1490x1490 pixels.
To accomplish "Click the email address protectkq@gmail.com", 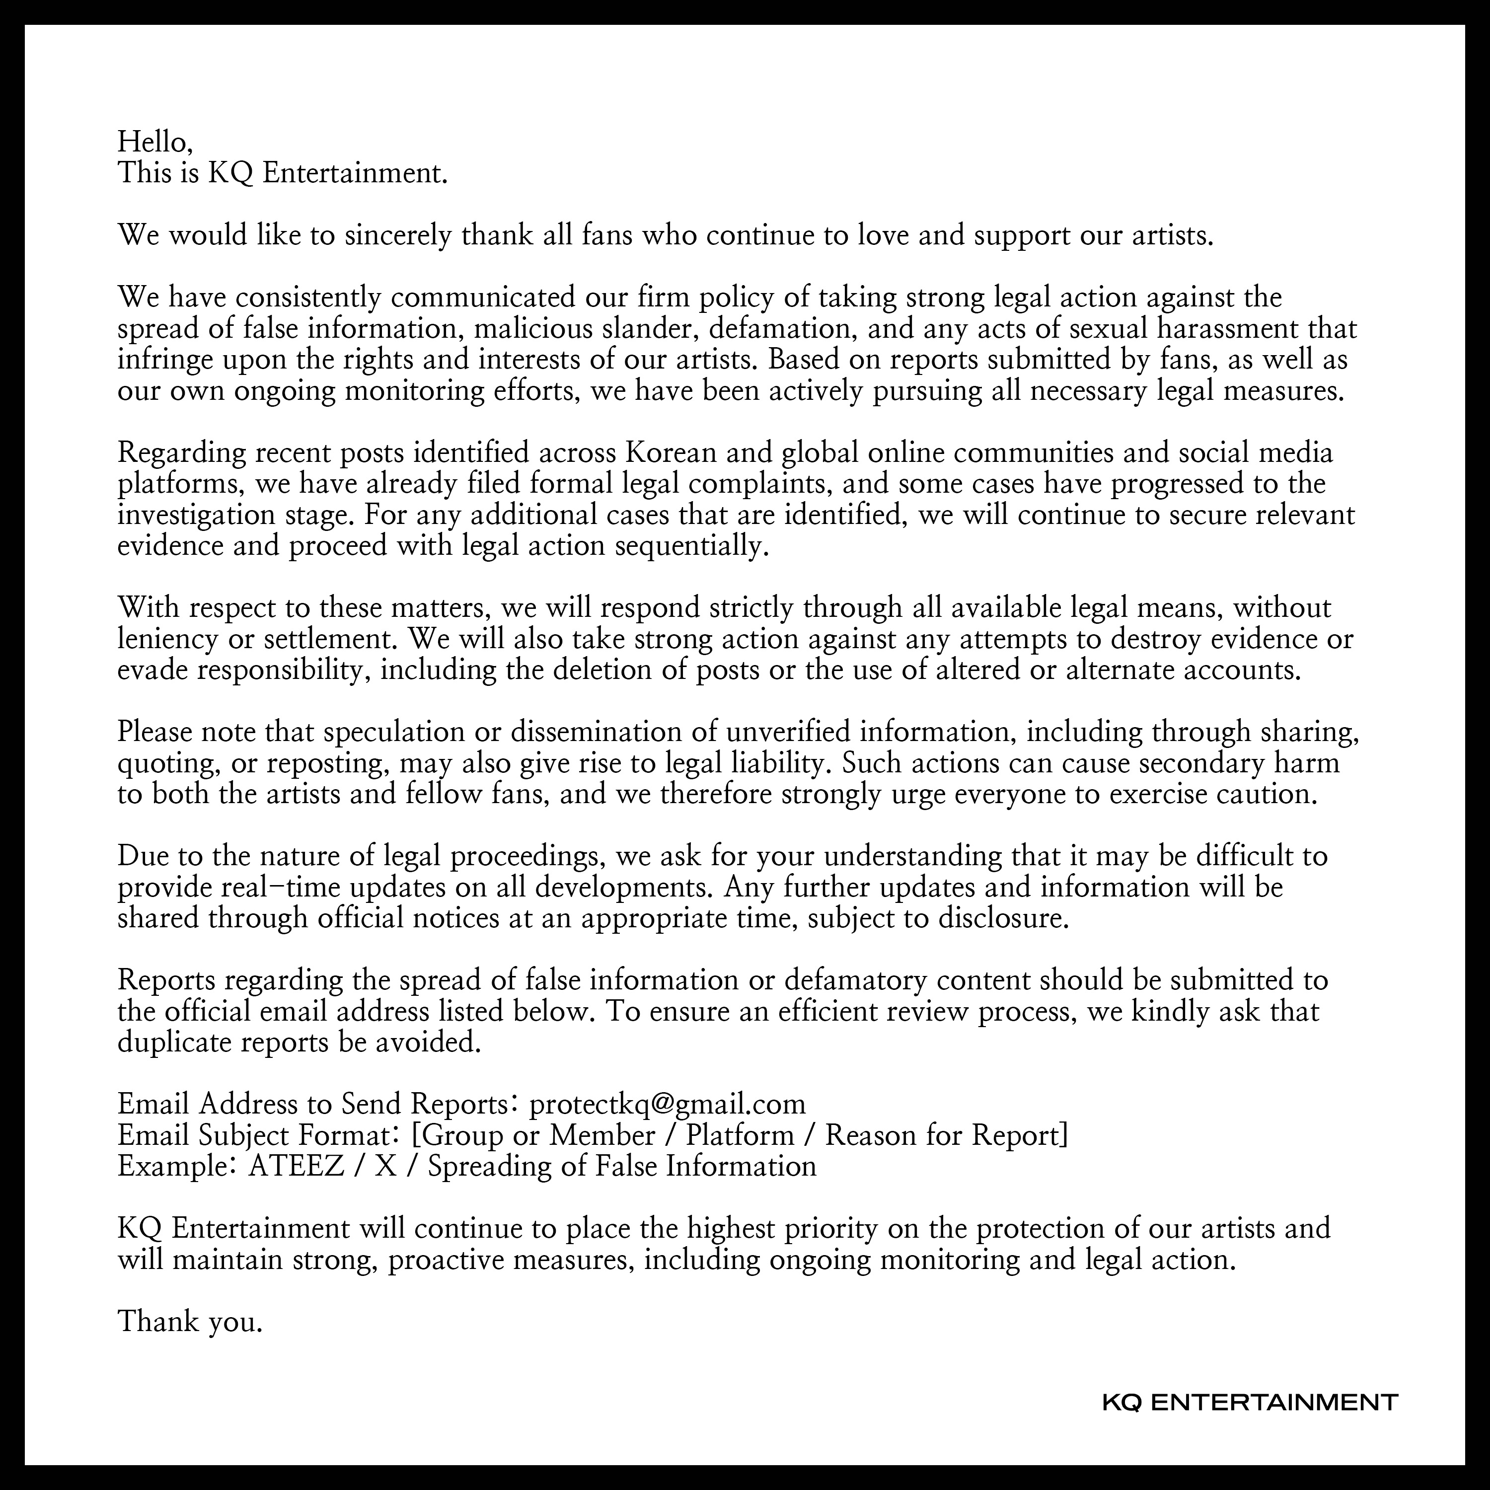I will click(667, 1104).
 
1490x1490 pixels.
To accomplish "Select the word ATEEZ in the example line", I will click(296, 1165).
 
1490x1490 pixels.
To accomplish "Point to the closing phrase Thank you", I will click(190, 1321).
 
